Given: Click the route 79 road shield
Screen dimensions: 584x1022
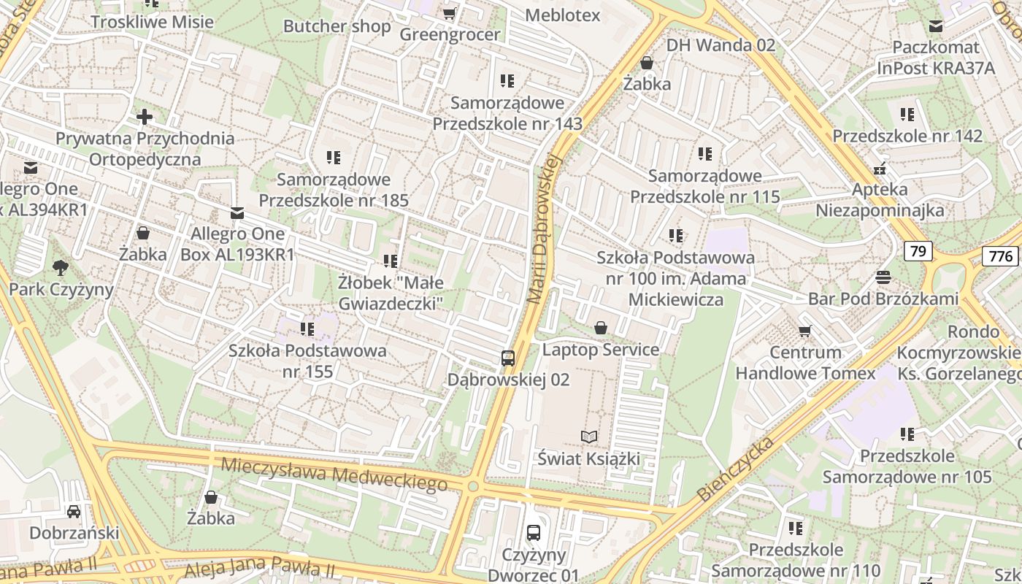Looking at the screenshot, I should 918,251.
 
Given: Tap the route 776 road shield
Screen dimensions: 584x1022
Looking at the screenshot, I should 1000,255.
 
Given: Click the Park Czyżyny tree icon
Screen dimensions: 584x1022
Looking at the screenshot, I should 61,268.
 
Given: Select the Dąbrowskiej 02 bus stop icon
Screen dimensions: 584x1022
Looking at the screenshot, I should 508,358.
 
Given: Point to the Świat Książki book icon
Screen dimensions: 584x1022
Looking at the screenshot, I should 589,437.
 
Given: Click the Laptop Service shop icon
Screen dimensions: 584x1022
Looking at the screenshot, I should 601,328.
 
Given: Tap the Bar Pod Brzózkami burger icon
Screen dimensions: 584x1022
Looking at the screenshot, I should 883,277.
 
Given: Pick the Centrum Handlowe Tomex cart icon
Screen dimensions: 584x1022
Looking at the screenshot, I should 805,331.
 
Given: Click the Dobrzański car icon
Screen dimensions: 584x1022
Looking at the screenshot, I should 74,511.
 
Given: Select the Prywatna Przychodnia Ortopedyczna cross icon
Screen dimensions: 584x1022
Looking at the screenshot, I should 145,117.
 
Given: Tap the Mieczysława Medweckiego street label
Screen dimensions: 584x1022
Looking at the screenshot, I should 334,473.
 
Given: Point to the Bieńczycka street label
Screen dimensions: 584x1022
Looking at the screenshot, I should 735,469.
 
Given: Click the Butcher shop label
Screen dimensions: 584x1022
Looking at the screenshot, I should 337,26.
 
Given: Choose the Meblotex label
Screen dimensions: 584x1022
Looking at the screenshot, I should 562,15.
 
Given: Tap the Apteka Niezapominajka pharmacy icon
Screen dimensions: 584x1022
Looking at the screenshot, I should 880,169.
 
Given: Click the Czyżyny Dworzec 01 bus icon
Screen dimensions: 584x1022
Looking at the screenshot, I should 534,533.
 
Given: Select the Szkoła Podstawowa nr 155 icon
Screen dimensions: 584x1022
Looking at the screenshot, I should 307,329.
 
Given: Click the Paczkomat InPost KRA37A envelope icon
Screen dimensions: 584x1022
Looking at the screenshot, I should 936,27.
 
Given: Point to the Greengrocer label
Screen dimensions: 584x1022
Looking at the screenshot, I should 450,34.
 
